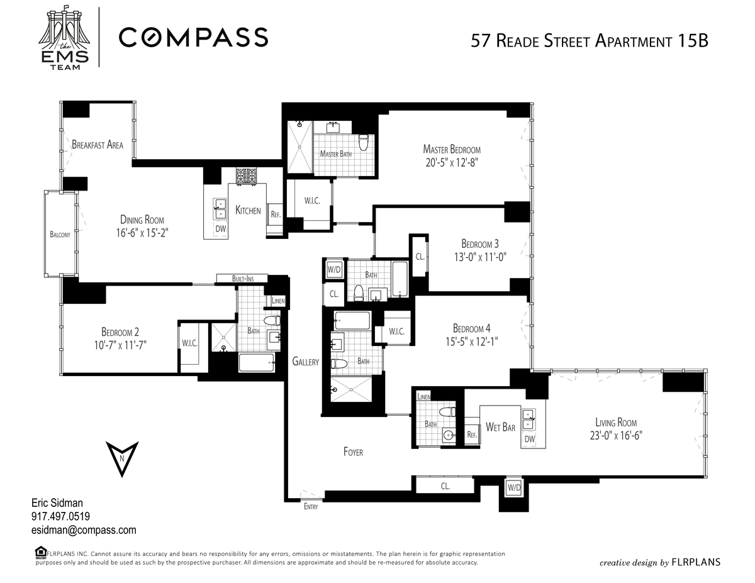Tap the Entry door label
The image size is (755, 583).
tap(311, 507)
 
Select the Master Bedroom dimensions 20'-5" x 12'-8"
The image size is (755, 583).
tap(452, 162)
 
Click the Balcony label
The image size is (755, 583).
tap(60, 235)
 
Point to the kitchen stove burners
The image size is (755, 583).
tap(247, 175)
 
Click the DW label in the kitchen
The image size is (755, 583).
tap(221, 229)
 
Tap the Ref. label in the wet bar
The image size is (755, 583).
tap(471, 435)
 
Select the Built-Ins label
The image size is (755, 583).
tap(243, 279)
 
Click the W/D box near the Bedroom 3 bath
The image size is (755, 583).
tap(334, 269)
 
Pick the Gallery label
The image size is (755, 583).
tap(305, 362)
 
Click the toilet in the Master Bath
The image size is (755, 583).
tap(364, 142)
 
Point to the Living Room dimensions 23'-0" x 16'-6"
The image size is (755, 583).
tap(616, 435)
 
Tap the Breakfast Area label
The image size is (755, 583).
tap(98, 145)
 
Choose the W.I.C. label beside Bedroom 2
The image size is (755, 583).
tap(190, 343)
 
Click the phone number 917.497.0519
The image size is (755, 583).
tap(60, 516)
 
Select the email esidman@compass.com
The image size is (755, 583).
tap(84, 530)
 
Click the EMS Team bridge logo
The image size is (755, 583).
tap(65, 38)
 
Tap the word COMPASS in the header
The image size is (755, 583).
tap(194, 37)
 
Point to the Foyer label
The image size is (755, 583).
tap(353, 452)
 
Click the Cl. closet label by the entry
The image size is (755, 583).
tap(445, 486)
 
